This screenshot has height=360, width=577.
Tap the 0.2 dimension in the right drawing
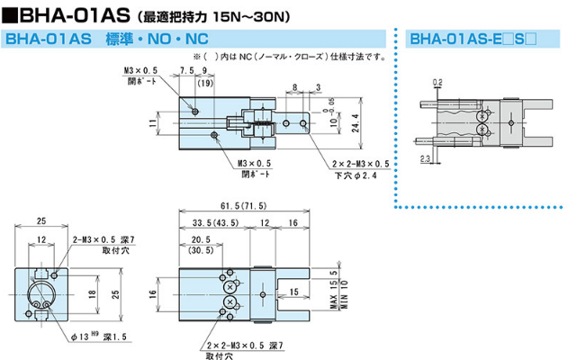[437, 82]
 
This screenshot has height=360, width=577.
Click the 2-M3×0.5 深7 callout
[103, 240]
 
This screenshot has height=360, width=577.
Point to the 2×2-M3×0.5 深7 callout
[245, 346]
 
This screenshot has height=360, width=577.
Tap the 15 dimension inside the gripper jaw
[293, 290]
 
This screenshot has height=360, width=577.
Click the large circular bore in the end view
[42, 294]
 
